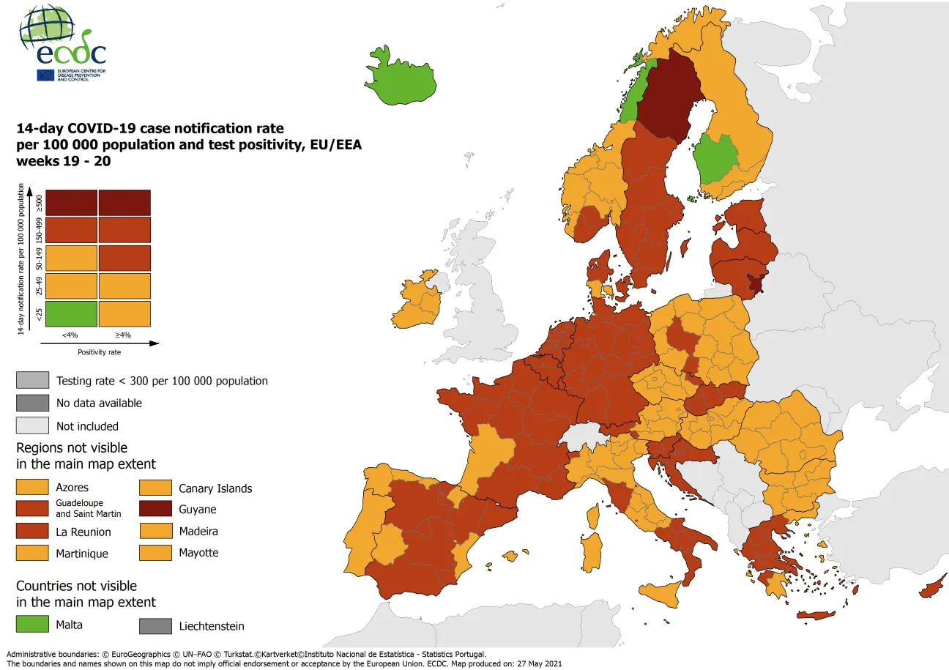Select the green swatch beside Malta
coord(32,625)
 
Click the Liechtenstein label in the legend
coord(212,626)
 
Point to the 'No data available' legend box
coord(32,403)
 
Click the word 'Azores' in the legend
coord(72,488)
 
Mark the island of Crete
coord(815,615)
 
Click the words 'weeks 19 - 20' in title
coord(64,161)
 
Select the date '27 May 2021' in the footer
coord(537,663)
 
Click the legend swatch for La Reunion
coord(32,532)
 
